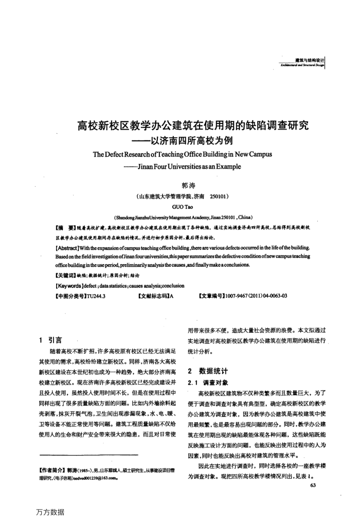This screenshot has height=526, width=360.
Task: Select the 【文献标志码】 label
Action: click(153, 296)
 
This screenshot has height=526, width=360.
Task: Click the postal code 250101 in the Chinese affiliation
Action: click(219, 196)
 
